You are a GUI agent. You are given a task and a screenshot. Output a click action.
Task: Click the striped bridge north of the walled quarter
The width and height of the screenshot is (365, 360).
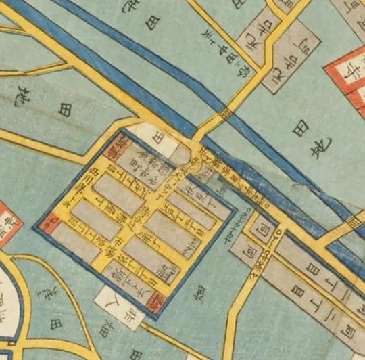[226, 113]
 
